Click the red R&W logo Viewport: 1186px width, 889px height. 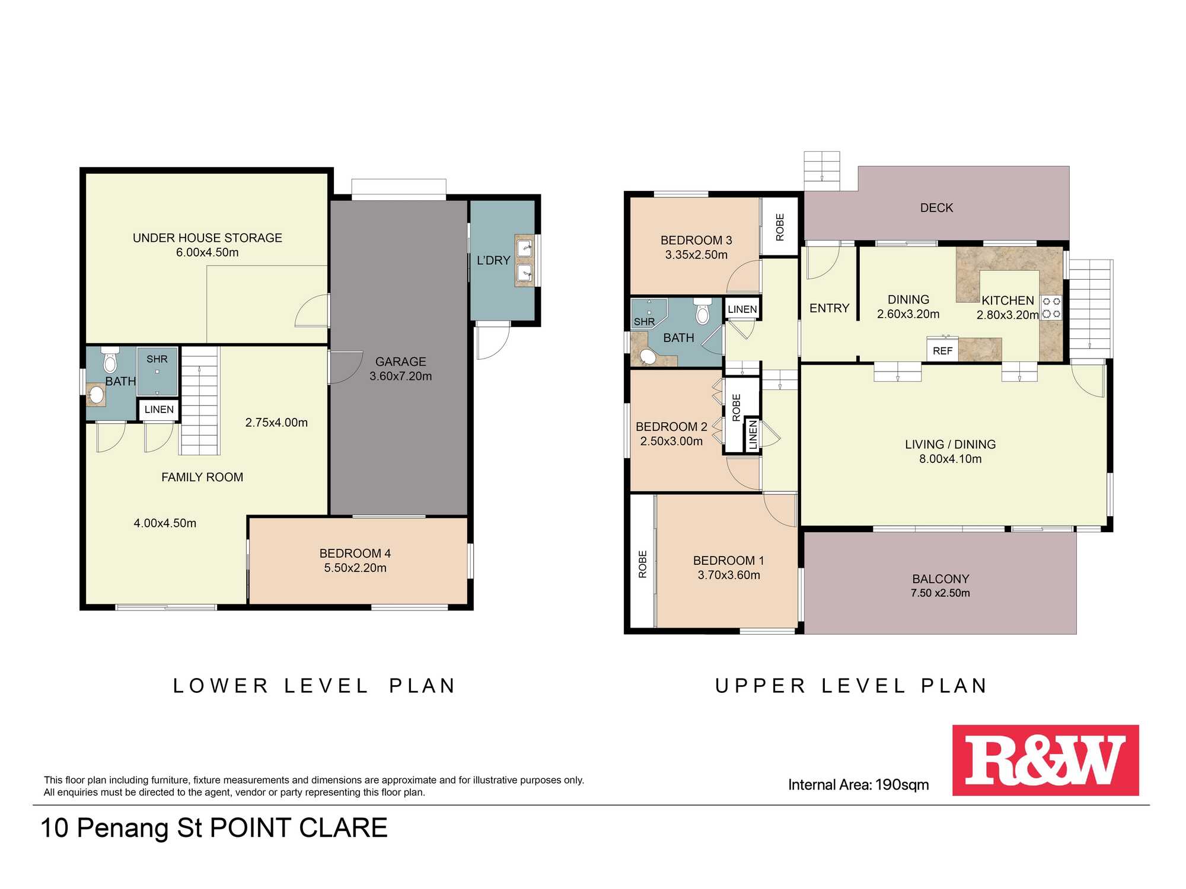pyautogui.click(x=1045, y=760)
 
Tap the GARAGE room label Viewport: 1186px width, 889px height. pyautogui.click(x=401, y=362)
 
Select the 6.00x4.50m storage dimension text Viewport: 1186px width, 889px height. pyautogui.click(x=208, y=252)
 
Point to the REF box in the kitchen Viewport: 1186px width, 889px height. pyautogui.click(x=943, y=350)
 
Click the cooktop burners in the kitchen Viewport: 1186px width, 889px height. pyautogui.click(x=1051, y=308)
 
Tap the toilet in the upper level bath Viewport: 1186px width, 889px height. pyautogui.click(x=703, y=311)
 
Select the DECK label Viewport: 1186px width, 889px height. pyautogui.click(x=937, y=208)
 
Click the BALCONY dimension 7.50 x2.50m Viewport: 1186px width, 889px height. pyautogui.click(x=940, y=593)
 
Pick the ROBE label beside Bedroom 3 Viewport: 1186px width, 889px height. pyautogui.click(x=780, y=228)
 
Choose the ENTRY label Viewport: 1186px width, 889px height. pyautogui.click(x=830, y=308)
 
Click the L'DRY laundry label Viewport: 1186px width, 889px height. pyautogui.click(x=493, y=260)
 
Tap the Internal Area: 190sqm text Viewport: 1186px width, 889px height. pyautogui.click(x=859, y=785)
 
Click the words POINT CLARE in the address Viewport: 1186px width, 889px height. pyautogui.click(x=299, y=828)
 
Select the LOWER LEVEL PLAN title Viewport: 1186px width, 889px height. pyautogui.click(x=314, y=686)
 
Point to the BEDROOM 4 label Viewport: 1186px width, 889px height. pyautogui.click(x=355, y=554)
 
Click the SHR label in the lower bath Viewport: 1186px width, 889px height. pyautogui.click(x=157, y=359)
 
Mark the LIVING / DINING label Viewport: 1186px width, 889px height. pyautogui.click(x=951, y=444)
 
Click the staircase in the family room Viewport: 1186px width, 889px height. pyautogui.click(x=200, y=401)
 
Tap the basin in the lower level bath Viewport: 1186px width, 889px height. pyautogui.click(x=96, y=395)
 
